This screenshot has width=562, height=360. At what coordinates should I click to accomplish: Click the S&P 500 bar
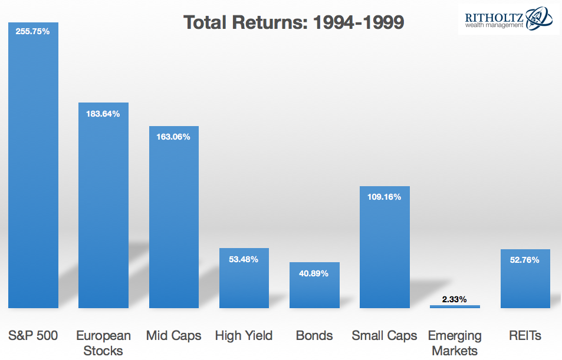(34, 165)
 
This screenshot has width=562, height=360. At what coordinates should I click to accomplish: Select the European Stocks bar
(104, 205)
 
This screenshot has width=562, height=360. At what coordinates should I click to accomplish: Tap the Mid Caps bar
(174, 217)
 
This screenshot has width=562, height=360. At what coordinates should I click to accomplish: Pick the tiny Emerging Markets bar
(455, 306)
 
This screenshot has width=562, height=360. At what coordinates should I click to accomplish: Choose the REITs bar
(525, 279)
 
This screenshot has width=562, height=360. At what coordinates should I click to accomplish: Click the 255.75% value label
(32, 32)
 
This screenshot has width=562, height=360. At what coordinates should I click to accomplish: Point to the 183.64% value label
(103, 114)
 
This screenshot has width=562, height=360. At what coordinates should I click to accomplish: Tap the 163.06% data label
(173, 137)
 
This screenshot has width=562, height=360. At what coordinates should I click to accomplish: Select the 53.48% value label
(244, 259)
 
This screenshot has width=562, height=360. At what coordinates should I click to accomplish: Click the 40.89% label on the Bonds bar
(314, 273)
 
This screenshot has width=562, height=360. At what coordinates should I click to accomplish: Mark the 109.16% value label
(384, 197)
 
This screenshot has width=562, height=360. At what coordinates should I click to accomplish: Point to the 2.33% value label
(455, 299)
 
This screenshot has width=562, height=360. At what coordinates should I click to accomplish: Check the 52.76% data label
(525, 260)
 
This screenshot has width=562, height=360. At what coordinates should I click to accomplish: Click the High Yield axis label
(244, 336)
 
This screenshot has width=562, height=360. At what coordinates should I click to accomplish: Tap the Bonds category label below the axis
(314, 336)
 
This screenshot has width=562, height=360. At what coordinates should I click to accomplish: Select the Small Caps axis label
(384, 336)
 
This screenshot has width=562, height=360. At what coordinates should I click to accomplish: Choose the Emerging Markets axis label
(455, 343)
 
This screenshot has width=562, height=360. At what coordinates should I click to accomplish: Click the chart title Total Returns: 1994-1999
(294, 22)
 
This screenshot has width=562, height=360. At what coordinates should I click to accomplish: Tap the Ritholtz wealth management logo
(508, 19)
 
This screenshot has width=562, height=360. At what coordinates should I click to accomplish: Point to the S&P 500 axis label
(33, 336)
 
